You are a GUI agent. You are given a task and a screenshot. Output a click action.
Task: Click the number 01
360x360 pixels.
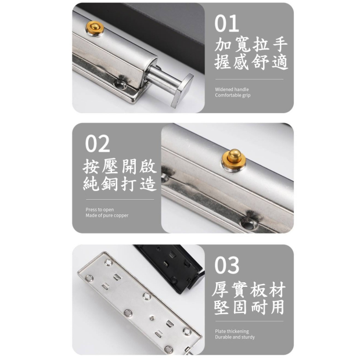226,23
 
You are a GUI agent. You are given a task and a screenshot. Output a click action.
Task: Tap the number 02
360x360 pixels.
98,144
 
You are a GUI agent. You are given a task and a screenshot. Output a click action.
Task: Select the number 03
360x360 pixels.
226,265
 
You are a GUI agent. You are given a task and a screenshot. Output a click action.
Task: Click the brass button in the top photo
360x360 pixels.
95,28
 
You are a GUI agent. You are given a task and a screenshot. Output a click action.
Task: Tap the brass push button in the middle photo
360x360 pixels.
234,159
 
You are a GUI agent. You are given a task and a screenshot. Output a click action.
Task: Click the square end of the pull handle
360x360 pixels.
182,91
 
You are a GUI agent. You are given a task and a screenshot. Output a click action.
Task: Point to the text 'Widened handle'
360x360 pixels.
232,89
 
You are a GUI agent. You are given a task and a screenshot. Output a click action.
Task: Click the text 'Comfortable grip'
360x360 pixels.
233,95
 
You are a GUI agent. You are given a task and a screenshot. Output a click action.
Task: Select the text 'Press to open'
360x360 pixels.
100,210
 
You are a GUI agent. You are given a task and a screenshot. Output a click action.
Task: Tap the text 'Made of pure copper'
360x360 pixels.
107,215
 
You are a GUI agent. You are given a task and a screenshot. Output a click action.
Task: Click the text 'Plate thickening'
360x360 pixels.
232,332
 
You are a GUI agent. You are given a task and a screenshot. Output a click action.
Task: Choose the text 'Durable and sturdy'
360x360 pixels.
235,337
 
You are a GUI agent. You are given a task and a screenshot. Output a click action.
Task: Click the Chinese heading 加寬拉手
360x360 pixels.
251,44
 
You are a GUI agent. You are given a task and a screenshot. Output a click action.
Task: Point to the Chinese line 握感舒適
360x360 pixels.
251,62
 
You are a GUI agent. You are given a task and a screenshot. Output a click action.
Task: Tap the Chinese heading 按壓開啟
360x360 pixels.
120,165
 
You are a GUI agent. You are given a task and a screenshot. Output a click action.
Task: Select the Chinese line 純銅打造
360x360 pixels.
120,183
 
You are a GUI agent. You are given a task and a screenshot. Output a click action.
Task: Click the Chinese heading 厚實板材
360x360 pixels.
249,289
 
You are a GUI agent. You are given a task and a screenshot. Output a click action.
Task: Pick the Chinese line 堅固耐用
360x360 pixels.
249,307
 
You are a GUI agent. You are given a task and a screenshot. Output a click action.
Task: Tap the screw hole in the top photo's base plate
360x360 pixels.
120,85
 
